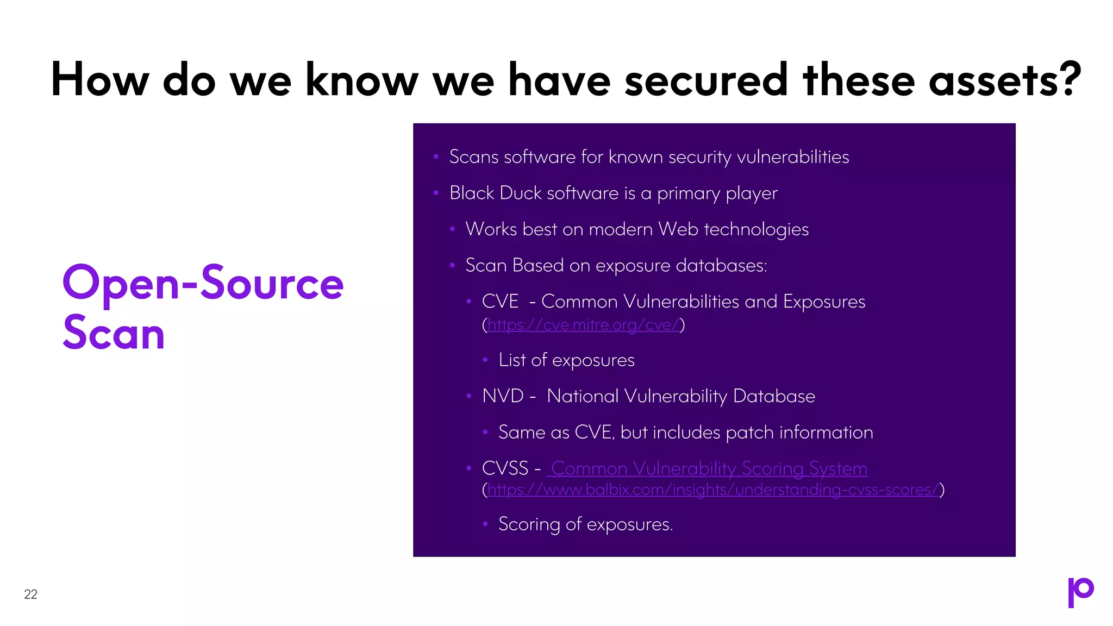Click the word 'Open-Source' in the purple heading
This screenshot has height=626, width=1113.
pos(203,283)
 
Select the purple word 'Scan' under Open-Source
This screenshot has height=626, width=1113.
pos(114,333)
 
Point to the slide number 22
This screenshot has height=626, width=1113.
pos(31,594)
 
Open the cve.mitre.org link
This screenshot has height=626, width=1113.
pos(583,325)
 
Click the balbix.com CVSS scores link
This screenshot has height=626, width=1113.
pos(713,490)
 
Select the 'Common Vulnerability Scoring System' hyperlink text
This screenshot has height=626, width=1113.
pos(708,468)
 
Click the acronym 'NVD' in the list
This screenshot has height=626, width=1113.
pos(503,396)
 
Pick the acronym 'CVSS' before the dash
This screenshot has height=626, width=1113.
pos(505,468)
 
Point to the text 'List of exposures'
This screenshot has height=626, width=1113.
pos(566,360)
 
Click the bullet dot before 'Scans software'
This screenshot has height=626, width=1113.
pos(436,157)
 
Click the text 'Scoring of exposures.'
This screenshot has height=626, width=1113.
pos(585,524)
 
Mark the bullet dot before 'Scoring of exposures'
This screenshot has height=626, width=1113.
pos(485,524)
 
